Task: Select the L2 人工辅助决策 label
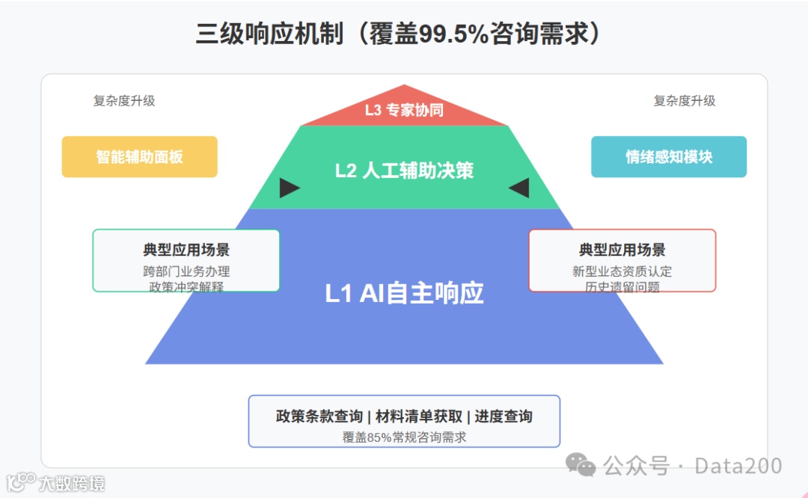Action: tap(404, 170)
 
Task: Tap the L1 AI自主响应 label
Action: tap(404, 293)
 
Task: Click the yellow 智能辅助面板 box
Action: tap(139, 157)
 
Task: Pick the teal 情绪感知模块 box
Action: tap(669, 157)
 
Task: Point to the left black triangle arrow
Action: tap(289, 188)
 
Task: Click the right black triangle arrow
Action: tap(519, 188)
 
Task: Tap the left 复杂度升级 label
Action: tap(124, 101)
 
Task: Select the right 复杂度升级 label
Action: tap(685, 101)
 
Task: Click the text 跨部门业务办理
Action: tap(186, 271)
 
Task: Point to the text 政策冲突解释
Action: tap(186, 286)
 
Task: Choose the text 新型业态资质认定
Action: tap(622, 271)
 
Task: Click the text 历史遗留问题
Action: tap(622, 286)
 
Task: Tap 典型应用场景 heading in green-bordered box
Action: tap(186, 250)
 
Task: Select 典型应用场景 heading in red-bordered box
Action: tap(622, 250)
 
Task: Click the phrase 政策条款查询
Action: tap(319, 416)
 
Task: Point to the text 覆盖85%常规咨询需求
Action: tap(404, 437)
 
